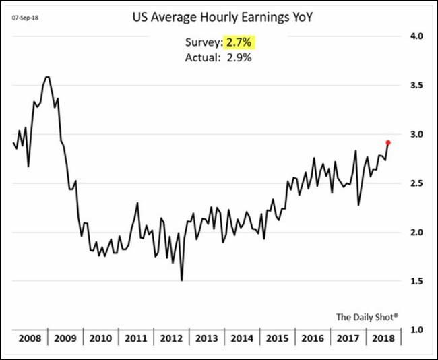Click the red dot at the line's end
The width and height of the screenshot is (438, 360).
pyautogui.click(x=387, y=142)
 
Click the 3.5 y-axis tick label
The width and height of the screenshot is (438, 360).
pyautogui.click(x=416, y=86)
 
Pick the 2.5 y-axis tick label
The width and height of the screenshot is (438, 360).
pyautogui.click(x=416, y=183)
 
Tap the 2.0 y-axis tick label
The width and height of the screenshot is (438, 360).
pyautogui.click(x=416, y=233)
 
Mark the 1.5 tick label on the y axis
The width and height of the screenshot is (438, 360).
pyautogui.click(x=416, y=281)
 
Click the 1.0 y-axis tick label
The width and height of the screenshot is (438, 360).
pyautogui.click(x=416, y=330)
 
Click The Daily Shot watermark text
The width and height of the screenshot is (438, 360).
pyautogui.click(x=367, y=316)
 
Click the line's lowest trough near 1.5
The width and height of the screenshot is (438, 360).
pyautogui.click(x=182, y=280)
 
